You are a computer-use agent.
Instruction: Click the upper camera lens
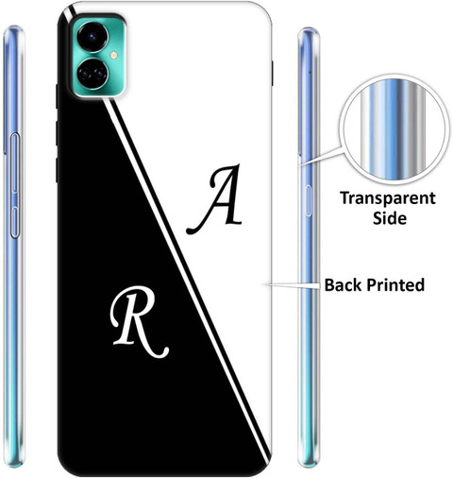click(x=92, y=37)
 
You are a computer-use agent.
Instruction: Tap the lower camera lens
click(x=92, y=74)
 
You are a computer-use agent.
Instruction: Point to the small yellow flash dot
click(x=113, y=56)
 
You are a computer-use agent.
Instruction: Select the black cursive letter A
click(x=215, y=199)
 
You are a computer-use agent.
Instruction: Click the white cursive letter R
click(x=139, y=322)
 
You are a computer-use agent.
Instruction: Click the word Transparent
click(x=388, y=199)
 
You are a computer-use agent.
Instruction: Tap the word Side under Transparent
click(x=390, y=218)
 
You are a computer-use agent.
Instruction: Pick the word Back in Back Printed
click(x=344, y=284)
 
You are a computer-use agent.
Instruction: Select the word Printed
click(x=395, y=284)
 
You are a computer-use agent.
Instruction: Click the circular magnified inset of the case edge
click(x=393, y=129)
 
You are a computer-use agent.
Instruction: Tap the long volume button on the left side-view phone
click(x=15, y=162)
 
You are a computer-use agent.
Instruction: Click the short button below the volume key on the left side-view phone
click(x=14, y=222)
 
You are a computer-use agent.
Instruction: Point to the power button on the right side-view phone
click(x=308, y=200)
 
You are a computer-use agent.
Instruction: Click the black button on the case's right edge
click(x=272, y=73)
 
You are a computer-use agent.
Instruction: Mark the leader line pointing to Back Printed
click(x=294, y=285)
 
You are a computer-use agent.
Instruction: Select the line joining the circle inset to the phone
click(x=320, y=156)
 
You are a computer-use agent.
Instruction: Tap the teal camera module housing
click(x=99, y=56)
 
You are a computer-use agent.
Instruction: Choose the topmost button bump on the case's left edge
click(x=57, y=96)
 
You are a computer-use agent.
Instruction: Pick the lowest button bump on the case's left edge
click(x=57, y=170)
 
